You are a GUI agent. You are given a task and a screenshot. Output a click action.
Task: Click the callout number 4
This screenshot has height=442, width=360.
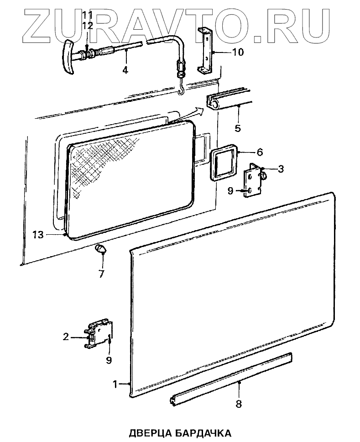pyautogui.click(x=125, y=70)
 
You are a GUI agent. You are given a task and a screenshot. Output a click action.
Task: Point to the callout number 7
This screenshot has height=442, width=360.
pyautogui.click(x=101, y=274)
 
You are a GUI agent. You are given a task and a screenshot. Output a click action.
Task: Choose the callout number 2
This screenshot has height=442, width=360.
pyautogui.click(x=66, y=337)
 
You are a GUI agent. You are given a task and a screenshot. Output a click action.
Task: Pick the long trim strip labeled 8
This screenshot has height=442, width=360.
pyautogui.click(x=230, y=377)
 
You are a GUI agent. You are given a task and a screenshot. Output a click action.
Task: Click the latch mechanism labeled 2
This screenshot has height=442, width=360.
pyautogui.click(x=99, y=336)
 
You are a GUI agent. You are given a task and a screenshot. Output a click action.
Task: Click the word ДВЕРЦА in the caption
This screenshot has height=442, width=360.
pyautogui.click(x=148, y=432)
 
